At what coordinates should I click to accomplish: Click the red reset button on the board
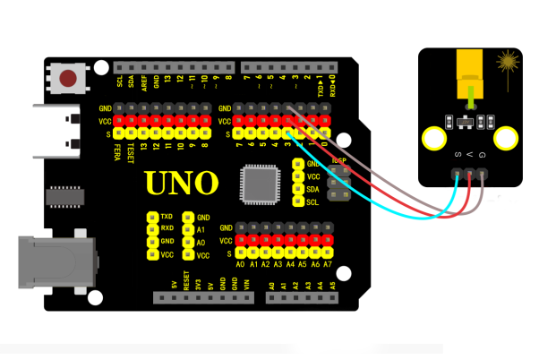click(68, 79)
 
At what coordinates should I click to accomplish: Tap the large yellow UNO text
click(182, 184)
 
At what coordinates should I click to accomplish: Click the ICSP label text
click(339, 160)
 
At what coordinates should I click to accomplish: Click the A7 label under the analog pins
click(329, 265)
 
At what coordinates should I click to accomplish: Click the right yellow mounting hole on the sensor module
click(507, 139)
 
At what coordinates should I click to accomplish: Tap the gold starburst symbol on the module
click(509, 64)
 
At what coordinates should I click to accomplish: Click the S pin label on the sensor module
click(458, 157)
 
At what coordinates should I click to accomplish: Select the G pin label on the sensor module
click(483, 157)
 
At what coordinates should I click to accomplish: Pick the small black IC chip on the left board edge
click(64, 194)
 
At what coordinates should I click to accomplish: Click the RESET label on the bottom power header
click(186, 284)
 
